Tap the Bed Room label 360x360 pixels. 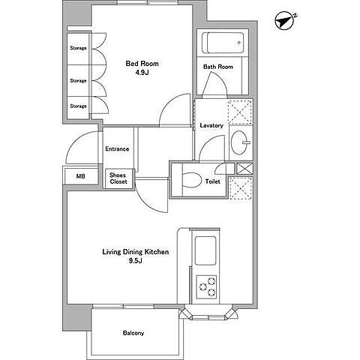click(142, 64)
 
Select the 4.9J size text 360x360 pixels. click(142, 73)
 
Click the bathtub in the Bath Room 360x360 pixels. click(223, 43)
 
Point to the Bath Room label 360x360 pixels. click(218, 67)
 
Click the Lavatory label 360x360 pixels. click(211, 125)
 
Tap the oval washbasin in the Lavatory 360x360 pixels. click(239, 142)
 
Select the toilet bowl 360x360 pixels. click(192, 180)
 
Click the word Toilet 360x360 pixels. click(213, 181)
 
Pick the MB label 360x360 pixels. click(80, 176)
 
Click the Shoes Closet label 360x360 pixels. click(118, 178)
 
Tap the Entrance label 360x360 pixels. click(117, 149)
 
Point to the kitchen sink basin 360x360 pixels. click(205, 250)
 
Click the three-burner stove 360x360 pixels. click(206, 287)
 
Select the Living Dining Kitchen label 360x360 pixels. click(136, 252)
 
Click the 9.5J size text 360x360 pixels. click(136, 261)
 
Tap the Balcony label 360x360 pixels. click(133, 333)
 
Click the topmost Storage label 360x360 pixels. click(78, 48)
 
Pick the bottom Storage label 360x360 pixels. click(78, 106)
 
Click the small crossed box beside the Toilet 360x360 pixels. click(244, 169)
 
